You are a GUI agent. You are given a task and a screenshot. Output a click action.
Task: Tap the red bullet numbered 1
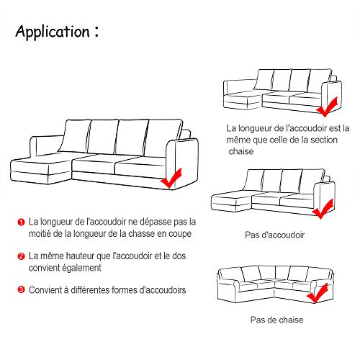(x=22, y=223)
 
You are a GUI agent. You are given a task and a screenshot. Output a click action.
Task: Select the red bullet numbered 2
(x=22, y=256)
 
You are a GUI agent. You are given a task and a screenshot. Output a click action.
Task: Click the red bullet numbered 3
(x=22, y=289)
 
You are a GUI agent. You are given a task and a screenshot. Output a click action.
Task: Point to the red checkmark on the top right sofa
(x=328, y=109)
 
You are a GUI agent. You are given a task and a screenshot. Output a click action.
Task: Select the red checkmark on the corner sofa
(x=317, y=295)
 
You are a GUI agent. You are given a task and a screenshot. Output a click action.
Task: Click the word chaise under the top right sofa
(x=241, y=152)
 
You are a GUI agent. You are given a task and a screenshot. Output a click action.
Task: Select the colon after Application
(x=96, y=32)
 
